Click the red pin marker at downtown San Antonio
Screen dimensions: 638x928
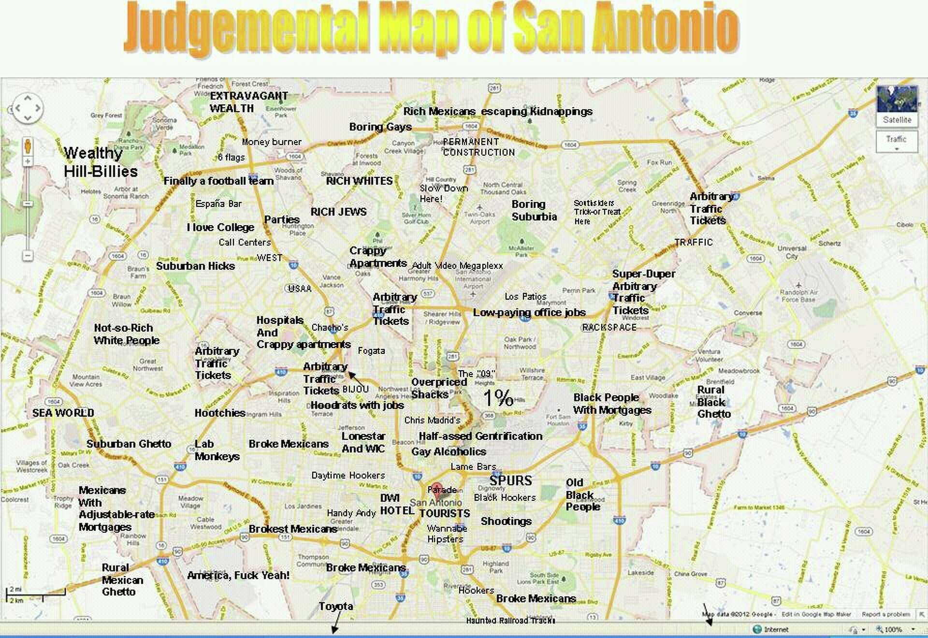(436, 489)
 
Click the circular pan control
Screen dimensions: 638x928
(28, 108)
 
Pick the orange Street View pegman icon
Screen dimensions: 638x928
(28, 145)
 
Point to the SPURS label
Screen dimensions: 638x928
(510, 480)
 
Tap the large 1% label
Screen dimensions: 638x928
(498, 398)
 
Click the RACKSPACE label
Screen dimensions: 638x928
(609, 328)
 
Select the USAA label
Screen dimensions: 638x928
(299, 289)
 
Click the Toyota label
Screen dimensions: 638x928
(335, 607)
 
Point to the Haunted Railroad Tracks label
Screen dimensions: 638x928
(510, 621)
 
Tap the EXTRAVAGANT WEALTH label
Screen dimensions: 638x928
(248, 102)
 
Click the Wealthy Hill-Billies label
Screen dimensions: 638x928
(100, 162)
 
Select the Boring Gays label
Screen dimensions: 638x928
(380, 127)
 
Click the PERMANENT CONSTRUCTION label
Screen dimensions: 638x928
(478, 147)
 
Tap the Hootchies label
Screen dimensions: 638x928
(220, 413)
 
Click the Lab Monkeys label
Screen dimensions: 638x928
(217, 450)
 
